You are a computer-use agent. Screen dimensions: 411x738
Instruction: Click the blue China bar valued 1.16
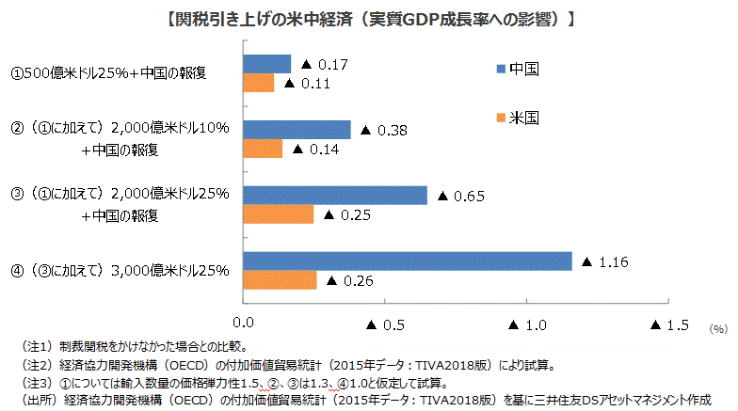click(408, 261)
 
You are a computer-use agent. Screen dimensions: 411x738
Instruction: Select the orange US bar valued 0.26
click(281, 280)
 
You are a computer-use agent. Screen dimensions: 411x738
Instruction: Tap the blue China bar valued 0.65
click(335, 195)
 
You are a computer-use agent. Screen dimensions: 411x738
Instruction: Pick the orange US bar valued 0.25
click(279, 214)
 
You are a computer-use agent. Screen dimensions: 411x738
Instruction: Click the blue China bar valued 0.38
click(297, 130)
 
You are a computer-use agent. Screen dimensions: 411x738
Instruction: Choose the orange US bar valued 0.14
click(264, 149)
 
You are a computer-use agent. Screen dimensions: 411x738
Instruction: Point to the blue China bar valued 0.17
click(267, 64)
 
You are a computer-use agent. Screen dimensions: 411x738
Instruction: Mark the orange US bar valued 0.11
click(259, 84)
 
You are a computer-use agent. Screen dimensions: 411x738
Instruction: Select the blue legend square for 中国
click(500, 68)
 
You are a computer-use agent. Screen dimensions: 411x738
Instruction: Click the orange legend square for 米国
click(500, 118)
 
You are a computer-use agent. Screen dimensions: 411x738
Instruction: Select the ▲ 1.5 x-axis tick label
click(670, 325)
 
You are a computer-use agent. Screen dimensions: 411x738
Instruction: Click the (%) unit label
click(718, 329)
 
